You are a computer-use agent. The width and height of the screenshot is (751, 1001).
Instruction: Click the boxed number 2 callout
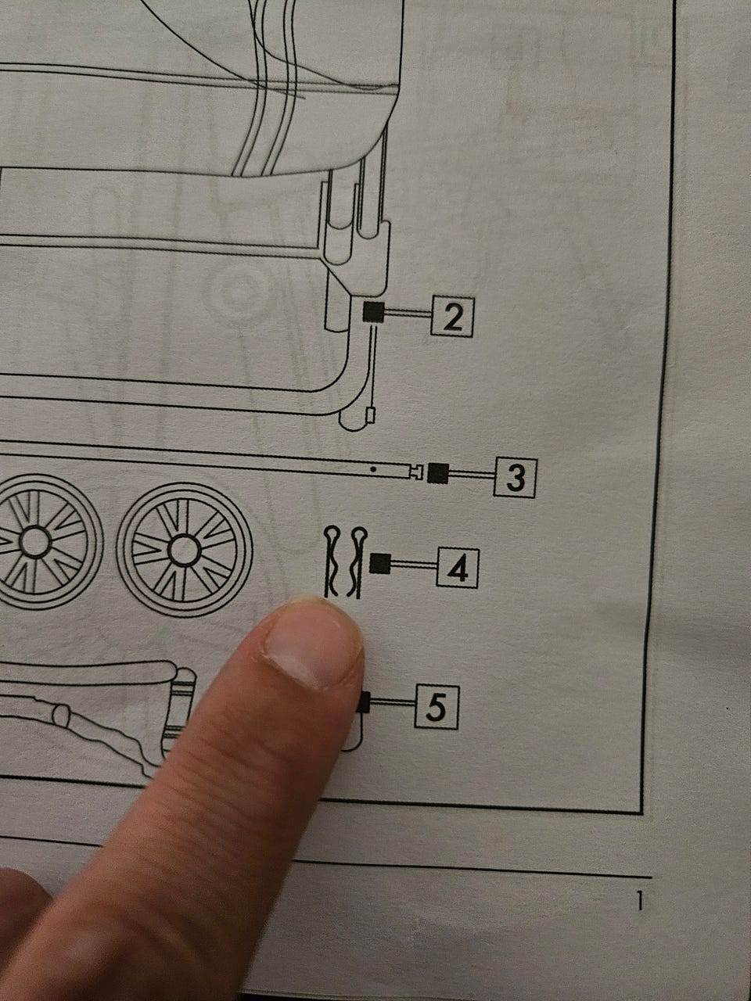coord(452,317)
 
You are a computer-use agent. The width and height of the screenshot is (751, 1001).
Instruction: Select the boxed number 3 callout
coord(516,478)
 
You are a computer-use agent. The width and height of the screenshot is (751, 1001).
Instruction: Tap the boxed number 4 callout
coord(458,569)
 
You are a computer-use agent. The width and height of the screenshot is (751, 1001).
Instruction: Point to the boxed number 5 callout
coord(437,707)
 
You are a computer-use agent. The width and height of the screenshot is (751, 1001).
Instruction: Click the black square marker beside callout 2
coord(373,312)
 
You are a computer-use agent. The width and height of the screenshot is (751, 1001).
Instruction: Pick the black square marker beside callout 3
coord(438,473)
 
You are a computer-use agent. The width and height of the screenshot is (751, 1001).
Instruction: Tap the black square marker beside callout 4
coord(380,563)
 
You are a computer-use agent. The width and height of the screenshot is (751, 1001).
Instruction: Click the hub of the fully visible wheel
coord(184,551)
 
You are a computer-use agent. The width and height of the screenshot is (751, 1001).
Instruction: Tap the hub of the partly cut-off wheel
coord(34,542)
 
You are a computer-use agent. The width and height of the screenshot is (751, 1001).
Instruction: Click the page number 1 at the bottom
coord(640,901)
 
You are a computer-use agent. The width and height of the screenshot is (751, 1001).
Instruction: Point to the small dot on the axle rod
coord(373,468)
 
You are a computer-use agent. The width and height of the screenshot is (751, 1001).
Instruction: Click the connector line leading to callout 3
coord(472,475)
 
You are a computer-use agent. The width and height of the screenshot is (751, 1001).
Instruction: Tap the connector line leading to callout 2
coord(408,314)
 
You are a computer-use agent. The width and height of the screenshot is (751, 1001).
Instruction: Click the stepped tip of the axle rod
coord(417,472)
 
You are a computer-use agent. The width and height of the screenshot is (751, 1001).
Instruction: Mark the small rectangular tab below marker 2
coord(371,415)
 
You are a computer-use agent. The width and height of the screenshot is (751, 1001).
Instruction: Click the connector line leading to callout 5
coord(392,702)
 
